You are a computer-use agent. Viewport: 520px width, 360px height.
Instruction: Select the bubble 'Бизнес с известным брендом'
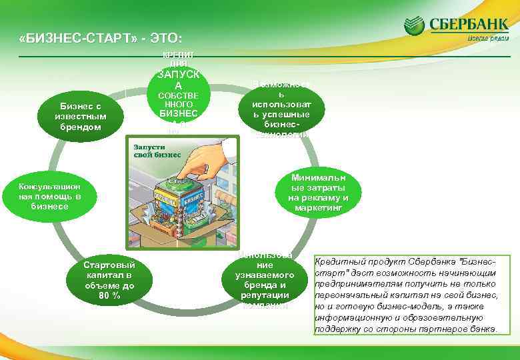(x=81, y=116)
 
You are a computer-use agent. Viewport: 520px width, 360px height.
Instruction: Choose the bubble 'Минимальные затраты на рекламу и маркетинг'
(x=318, y=193)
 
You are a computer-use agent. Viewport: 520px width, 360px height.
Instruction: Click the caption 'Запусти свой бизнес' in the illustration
(x=157, y=150)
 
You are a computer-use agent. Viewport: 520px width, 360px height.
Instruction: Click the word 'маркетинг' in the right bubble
(x=318, y=208)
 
